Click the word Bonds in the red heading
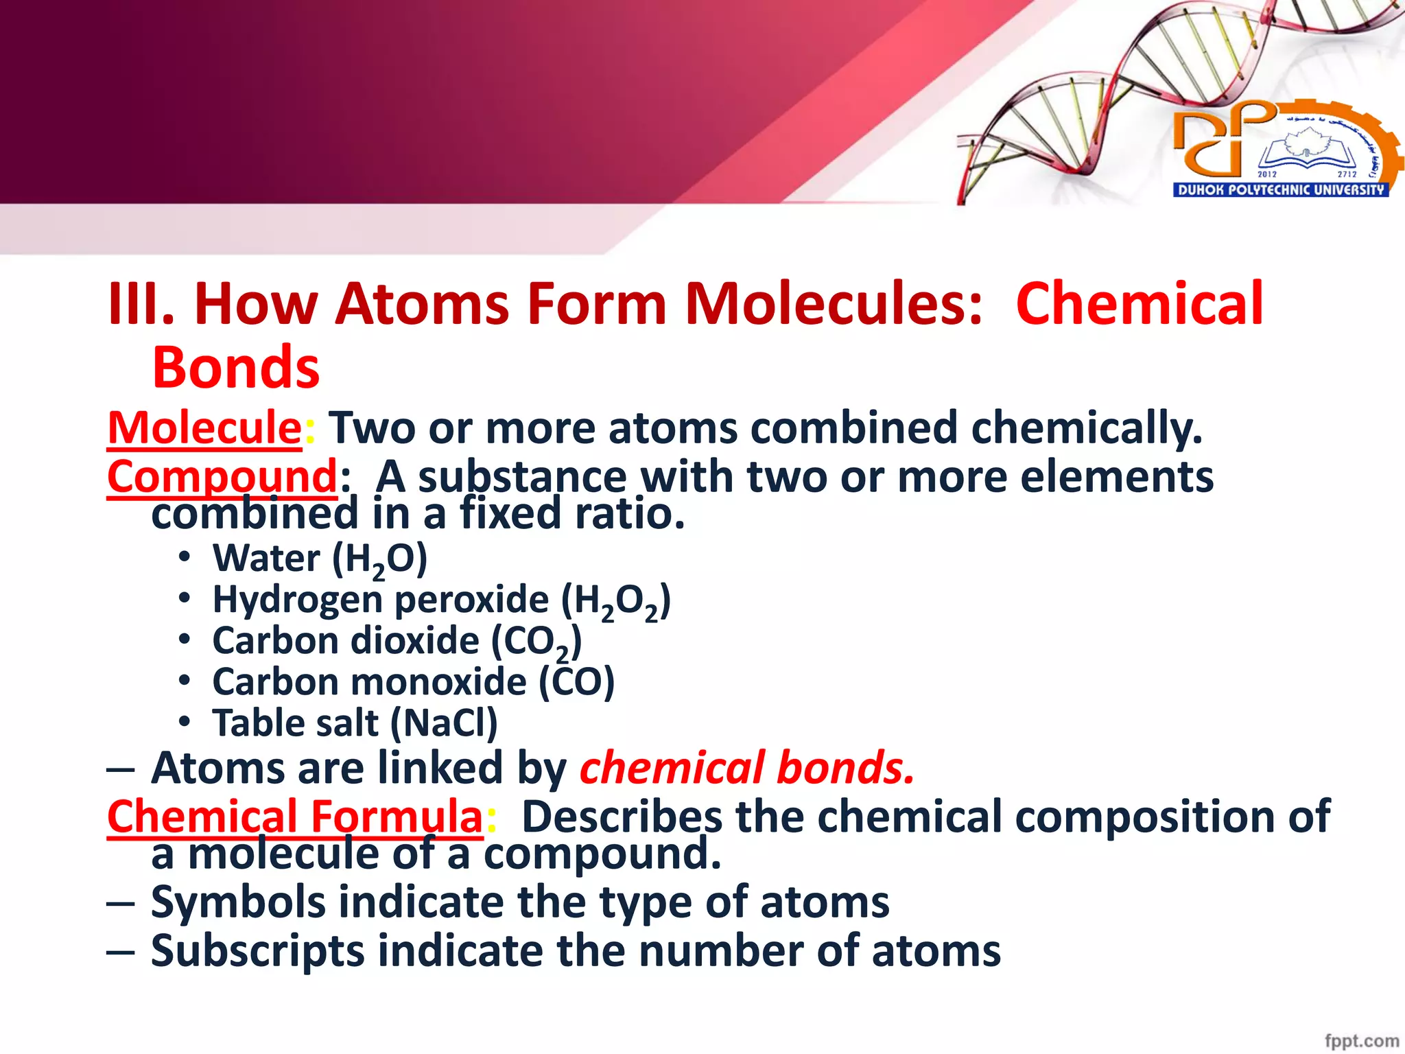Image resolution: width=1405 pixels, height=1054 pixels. tap(235, 368)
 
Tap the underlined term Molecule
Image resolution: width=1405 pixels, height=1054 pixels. tap(204, 428)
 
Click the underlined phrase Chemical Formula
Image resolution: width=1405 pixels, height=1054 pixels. tap(295, 817)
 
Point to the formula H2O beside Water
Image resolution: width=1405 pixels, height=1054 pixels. tap(379, 559)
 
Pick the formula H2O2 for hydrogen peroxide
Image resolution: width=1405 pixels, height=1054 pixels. tap(615, 602)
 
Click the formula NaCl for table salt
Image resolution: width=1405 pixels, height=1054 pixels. tap(443, 723)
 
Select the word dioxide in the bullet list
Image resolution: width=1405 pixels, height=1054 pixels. tap(414, 641)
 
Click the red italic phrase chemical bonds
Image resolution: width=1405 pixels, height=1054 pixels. tap(747, 768)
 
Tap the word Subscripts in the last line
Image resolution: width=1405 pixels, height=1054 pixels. tap(257, 951)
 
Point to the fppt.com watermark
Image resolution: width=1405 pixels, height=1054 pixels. tap(1361, 1041)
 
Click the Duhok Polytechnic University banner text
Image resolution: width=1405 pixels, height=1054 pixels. tap(1281, 190)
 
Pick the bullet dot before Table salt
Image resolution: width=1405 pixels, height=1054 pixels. tap(184, 722)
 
